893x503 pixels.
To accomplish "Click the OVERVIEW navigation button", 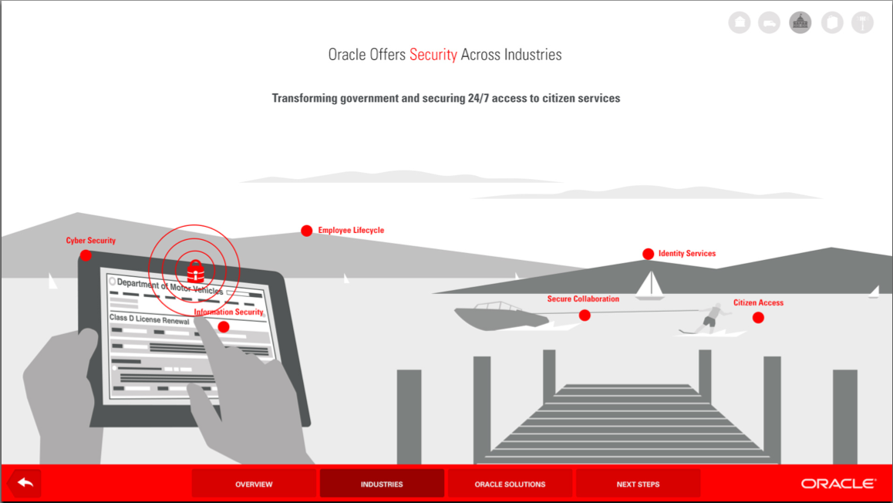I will pos(254,484).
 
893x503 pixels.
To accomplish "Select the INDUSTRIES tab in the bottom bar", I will pos(382,484).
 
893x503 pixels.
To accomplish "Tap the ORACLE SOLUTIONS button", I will pos(510,484).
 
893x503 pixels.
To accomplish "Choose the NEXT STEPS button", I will pos(638,484).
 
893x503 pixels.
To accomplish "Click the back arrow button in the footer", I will pos(25,483).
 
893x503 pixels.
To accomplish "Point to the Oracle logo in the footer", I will pos(838,484).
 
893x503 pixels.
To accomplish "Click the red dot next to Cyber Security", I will pos(86,255).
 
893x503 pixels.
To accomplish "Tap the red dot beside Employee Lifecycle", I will pos(306,231).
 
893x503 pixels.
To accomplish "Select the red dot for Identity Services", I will pos(648,254).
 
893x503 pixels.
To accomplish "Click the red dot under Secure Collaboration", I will pos(585,315).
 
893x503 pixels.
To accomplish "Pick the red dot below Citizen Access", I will pos(758,317).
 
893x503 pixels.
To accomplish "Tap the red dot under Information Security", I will pos(224,326).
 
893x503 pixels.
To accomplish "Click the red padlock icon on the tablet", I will pos(195,271).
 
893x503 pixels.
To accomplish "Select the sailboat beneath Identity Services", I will pos(649,285).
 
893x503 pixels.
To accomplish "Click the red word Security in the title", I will pos(433,55).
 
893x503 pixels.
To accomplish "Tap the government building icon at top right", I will pos(800,22).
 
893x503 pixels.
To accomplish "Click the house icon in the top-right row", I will pos(740,22).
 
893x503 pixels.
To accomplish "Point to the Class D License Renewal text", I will pos(149,319).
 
